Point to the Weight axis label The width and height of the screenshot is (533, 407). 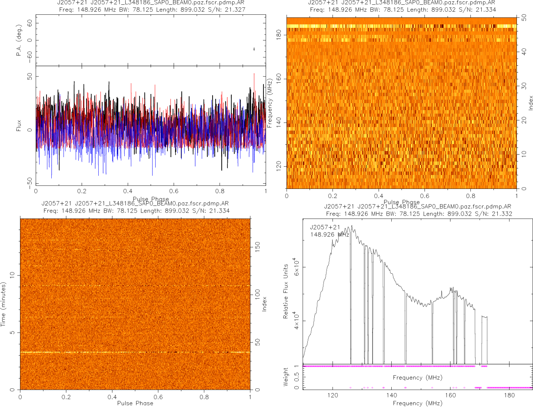286,376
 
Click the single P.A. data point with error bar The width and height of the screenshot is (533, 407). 254,49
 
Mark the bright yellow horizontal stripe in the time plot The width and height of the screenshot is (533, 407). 135,352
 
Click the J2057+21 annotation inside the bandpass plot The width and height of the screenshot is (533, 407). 325,227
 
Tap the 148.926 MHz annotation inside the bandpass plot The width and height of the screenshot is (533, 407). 330,235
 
